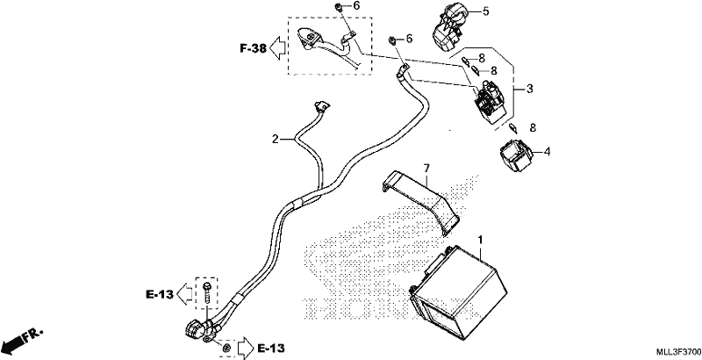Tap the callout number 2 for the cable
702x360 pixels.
click(x=276, y=140)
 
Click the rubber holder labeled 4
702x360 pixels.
click(x=515, y=156)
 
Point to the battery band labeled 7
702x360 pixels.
click(x=421, y=202)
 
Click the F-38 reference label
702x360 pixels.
click(x=253, y=48)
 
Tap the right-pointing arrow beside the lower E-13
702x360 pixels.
click(x=246, y=347)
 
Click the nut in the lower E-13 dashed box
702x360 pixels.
click(x=226, y=347)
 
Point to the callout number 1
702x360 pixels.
click(x=480, y=240)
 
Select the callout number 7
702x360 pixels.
click(x=426, y=169)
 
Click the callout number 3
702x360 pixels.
click(x=530, y=89)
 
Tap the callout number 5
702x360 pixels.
click(x=486, y=11)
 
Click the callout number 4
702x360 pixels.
click(x=547, y=152)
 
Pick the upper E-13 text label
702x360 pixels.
click(x=160, y=294)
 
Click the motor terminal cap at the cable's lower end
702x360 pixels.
click(x=195, y=331)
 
